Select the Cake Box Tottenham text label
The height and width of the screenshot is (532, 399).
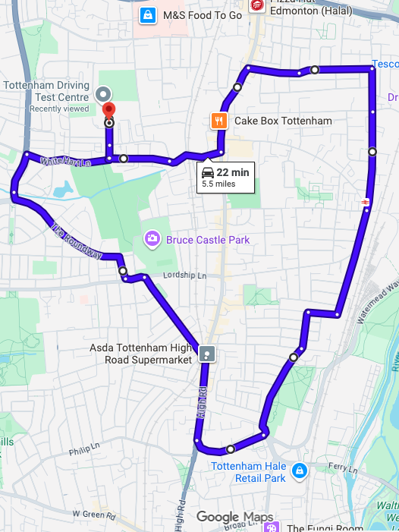(283, 121)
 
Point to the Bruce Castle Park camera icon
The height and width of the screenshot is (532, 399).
(152, 240)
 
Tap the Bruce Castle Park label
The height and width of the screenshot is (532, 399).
(207, 240)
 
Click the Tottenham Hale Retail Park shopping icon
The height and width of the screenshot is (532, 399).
(300, 471)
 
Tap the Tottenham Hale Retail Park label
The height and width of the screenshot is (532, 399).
(249, 472)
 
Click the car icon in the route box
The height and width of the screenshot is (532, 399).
(207, 172)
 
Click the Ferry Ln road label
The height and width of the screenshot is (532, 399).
(339, 469)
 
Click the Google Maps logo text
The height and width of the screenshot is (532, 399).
(234, 518)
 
